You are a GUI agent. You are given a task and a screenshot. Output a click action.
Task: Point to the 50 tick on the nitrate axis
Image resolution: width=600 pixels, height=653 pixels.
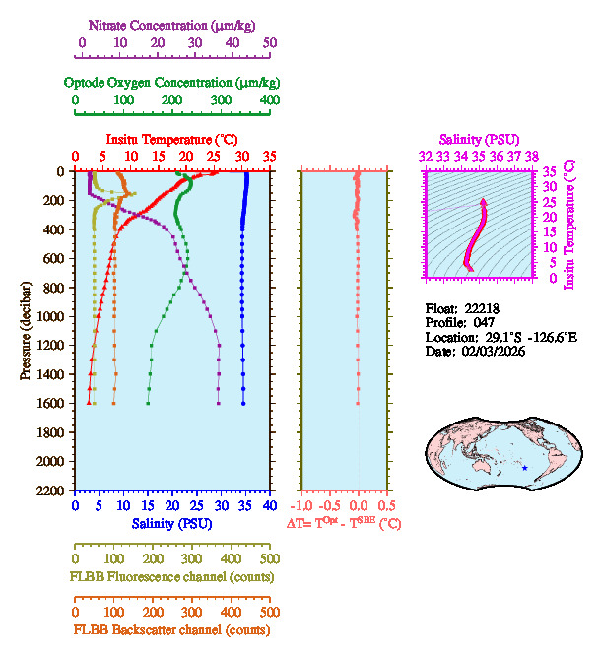[x=269, y=42]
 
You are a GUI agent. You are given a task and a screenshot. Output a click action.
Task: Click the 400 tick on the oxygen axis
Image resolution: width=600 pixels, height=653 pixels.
[x=269, y=100]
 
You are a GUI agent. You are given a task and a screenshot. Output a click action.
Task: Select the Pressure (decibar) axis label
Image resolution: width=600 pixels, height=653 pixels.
[x=25, y=331]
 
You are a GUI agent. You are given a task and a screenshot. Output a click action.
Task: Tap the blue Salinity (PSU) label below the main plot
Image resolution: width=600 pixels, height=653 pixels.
[x=170, y=524]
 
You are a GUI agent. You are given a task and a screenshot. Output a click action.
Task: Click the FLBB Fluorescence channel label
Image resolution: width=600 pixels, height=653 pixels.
[x=170, y=576]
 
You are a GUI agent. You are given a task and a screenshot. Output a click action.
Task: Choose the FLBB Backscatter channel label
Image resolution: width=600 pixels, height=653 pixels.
[x=170, y=629]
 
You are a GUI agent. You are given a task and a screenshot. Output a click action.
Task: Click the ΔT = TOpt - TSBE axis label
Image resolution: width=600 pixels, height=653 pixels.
[x=344, y=524]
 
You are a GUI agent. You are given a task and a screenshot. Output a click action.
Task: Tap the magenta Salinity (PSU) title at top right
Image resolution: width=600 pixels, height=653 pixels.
[x=478, y=140]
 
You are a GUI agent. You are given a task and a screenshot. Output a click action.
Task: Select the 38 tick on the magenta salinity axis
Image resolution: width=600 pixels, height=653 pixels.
[x=532, y=156]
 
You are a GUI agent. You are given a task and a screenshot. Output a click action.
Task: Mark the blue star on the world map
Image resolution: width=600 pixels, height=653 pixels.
[x=525, y=467]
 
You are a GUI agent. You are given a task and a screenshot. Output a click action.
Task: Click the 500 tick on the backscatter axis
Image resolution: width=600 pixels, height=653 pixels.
[x=269, y=611]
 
